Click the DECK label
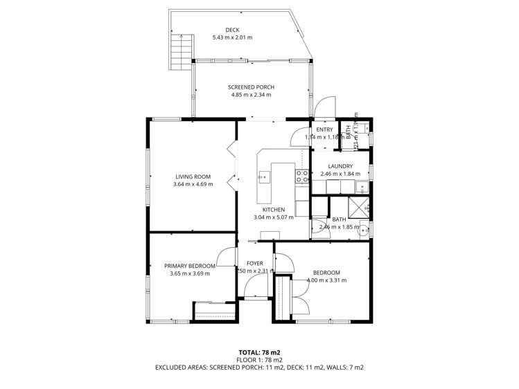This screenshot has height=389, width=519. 232,30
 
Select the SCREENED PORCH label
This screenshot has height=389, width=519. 251,87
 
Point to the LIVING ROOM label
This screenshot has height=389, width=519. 193,177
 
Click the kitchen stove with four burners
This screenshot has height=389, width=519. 302,177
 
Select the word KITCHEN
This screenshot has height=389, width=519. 273,210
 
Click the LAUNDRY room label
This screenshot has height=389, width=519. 340,166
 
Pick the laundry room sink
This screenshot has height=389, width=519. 361,186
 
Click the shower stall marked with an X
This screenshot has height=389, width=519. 358,205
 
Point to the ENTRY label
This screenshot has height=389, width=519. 324,129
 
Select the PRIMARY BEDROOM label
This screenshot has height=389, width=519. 189,265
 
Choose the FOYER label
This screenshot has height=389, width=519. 255,263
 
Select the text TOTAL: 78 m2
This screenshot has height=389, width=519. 259,352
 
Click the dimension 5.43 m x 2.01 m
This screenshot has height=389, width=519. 232,37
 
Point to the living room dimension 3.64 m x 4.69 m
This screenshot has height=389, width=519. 193,184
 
